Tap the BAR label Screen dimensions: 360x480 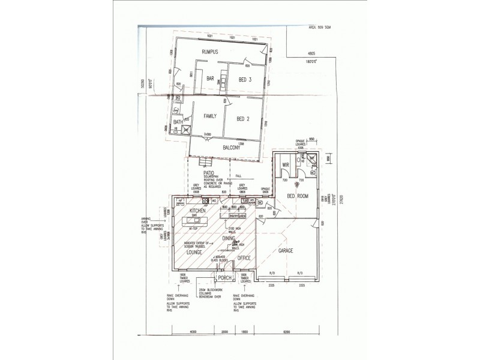tap(211, 79)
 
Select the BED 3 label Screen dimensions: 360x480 tap(244, 80)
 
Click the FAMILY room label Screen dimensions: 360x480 tap(209, 116)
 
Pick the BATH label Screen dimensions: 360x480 tap(178, 122)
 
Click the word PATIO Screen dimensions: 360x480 tap(209, 172)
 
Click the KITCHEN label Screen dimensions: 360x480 tap(198, 212)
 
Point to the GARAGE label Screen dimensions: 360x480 tap(286, 250)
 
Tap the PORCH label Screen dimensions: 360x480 tap(225, 278)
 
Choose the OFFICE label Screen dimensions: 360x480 tap(244, 258)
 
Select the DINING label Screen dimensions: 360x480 tap(228, 238)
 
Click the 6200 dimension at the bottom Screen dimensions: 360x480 tap(290, 331)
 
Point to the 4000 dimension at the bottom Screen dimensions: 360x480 tap(193, 331)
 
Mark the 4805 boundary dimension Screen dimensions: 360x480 tap(313, 53)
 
